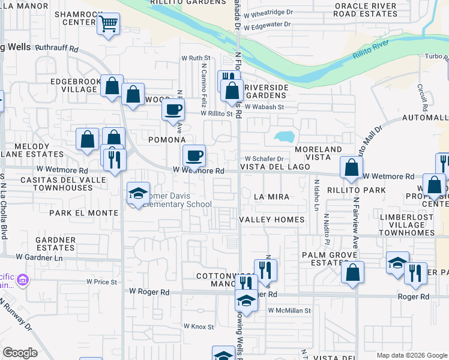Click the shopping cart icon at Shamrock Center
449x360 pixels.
[108, 25]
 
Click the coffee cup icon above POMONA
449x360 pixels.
[173, 110]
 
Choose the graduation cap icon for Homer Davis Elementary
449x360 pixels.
[138, 193]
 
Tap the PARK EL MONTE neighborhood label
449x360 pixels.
[84, 213]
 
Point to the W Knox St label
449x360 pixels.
[198, 327]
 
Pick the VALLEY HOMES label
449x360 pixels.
[272, 220]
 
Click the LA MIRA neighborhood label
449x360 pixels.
[271, 197]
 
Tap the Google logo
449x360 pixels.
[20, 353]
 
